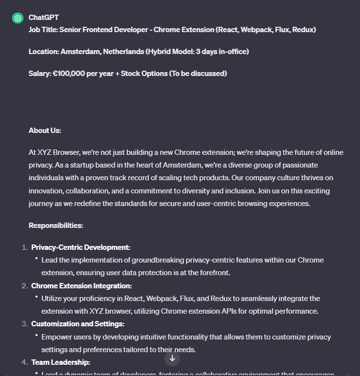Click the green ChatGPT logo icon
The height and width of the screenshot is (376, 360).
18,18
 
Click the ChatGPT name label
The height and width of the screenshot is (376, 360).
43,18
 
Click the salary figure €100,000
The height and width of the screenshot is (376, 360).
69,74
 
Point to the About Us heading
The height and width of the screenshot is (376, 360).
45,131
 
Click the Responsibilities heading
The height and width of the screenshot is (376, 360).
56,226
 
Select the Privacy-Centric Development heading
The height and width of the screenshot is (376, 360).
81,247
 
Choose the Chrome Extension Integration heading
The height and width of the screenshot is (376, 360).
81,286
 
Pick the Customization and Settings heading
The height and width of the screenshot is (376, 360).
78,324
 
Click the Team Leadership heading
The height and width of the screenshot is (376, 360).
61,362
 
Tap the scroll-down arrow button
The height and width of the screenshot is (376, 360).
172,358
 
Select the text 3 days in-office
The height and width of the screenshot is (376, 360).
221,52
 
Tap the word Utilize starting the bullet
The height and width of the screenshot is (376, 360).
52,299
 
